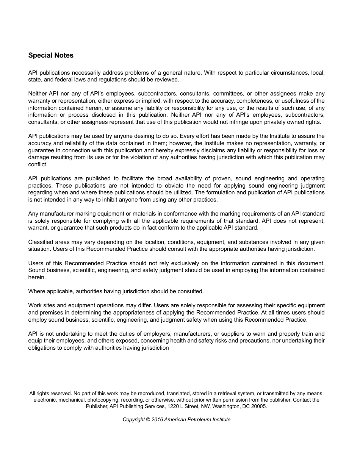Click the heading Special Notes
tap(51, 55)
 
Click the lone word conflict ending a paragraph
tap(38, 164)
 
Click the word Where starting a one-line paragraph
tap(36, 291)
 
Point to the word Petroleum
tap(199, 419)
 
